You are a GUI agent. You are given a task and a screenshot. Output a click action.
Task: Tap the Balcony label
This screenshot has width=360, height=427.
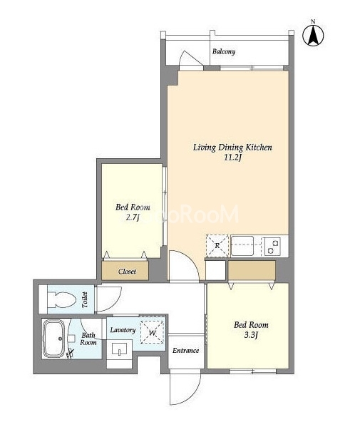coord(224,51)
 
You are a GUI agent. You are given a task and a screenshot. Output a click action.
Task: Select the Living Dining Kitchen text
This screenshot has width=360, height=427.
coord(232,148)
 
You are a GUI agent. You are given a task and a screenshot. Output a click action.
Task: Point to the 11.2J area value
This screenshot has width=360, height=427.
coord(233,158)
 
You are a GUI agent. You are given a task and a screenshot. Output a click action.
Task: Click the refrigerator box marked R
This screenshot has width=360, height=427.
coord(217,246)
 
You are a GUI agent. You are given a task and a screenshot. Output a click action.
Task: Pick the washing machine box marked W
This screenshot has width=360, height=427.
coord(153,332)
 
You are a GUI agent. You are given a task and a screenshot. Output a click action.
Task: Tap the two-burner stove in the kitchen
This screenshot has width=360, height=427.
coord(272,246)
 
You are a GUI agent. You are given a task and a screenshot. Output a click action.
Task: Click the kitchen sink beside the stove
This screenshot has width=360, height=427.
coord(242,246)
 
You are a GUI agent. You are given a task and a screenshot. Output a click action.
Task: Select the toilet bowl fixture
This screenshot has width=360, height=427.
coord(61,299)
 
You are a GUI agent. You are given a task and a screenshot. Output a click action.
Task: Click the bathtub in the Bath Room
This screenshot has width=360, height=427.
coord(53,339)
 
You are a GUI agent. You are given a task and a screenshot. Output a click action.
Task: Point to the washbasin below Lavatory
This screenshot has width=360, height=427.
coord(120,349)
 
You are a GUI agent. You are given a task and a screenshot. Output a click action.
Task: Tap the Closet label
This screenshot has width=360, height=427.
coord(127,271)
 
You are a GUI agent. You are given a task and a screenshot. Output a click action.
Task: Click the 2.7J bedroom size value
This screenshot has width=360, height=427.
coord(133,217)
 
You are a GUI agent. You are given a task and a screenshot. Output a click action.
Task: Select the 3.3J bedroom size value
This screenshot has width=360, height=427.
coord(251,335)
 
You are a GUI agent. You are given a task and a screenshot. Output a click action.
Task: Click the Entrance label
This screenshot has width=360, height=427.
coord(186,350)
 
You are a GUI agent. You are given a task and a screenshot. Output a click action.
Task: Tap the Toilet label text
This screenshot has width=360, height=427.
coord(85,300)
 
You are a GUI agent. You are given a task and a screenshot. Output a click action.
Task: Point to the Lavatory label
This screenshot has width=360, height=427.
coord(123,330)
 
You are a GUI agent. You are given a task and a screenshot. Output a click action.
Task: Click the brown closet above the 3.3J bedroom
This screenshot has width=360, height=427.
coord(252,270)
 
